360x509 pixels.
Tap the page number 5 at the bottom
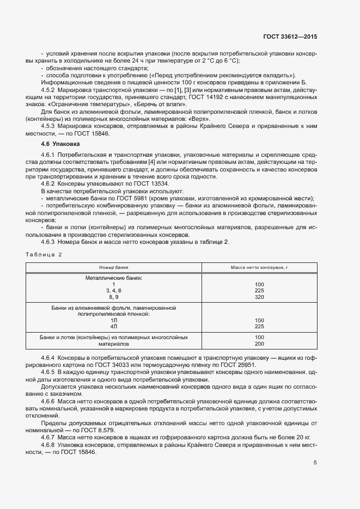click(315, 463)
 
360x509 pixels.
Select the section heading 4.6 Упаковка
click(60, 144)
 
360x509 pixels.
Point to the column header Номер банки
click(114, 267)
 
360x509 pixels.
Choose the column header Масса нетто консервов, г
click(259, 267)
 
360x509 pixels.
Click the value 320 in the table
click(259, 297)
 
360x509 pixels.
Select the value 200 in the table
click(259, 344)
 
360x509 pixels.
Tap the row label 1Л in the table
click(114, 320)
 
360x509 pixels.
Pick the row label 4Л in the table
click(114, 326)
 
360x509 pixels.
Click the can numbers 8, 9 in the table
click(114, 297)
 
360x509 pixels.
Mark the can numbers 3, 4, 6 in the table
click(114, 291)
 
